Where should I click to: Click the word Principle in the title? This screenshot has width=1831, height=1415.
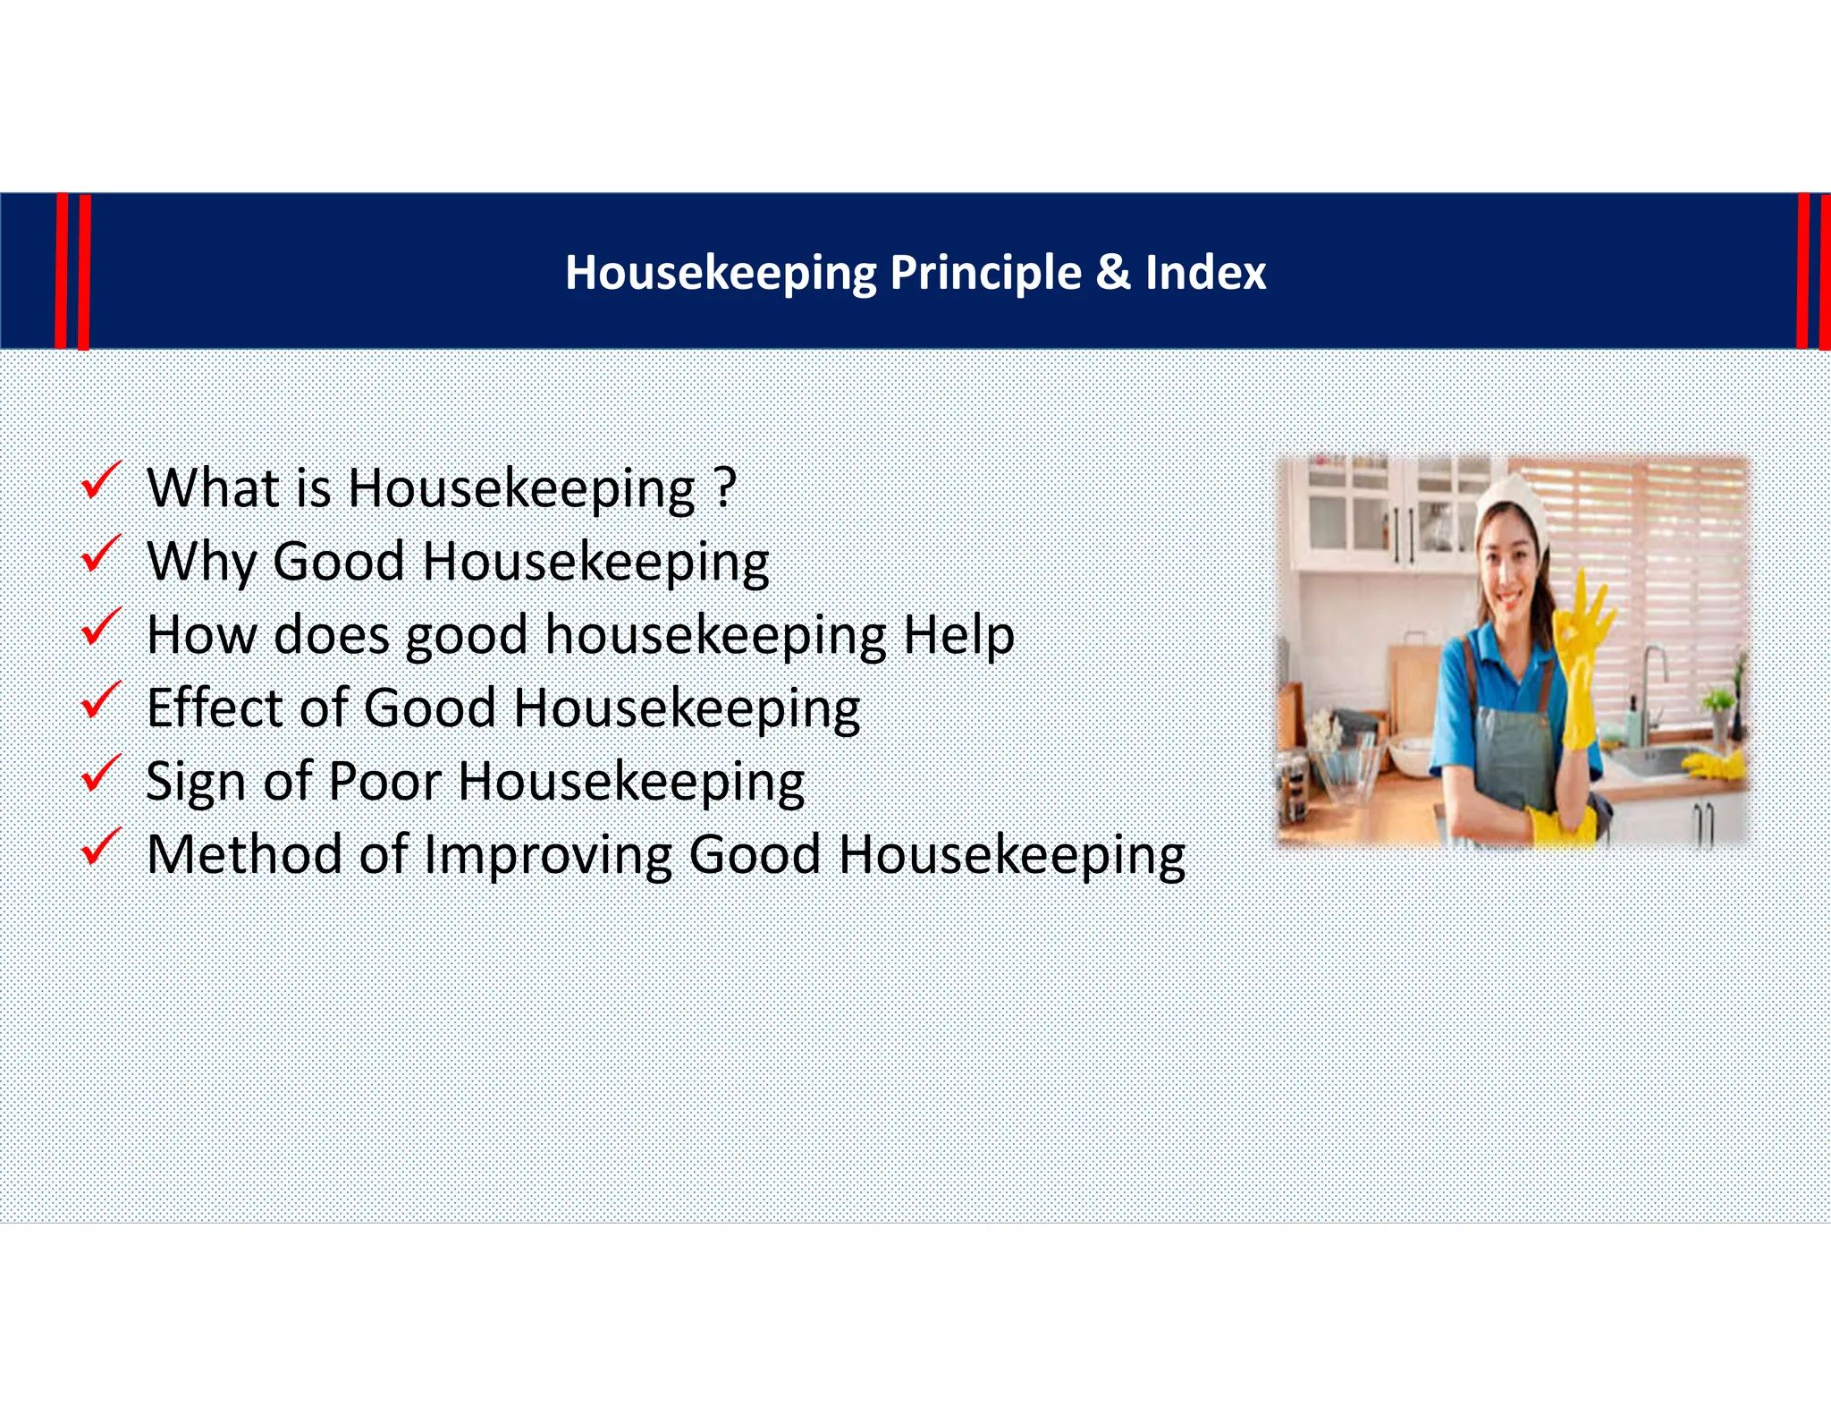tap(985, 272)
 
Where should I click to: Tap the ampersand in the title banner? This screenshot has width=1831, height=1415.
tap(1113, 272)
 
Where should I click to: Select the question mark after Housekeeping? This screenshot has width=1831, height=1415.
tap(726, 487)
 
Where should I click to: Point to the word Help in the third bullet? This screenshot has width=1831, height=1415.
tap(958, 635)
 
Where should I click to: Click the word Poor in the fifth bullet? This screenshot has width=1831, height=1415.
tap(384, 781)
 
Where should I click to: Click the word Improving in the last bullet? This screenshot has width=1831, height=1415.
tap(546, 854)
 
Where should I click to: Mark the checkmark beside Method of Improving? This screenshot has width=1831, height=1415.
tap(100, 847)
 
